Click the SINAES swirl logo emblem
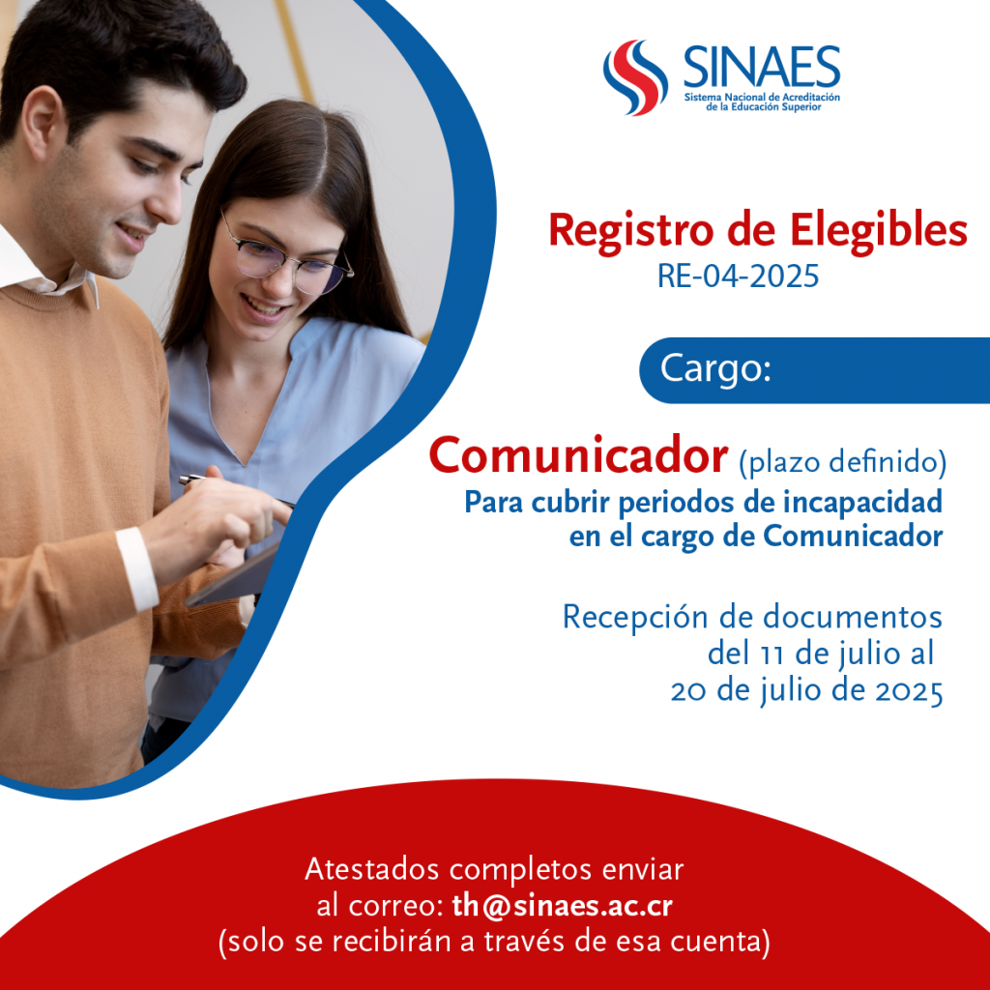635,77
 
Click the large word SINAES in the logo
762,67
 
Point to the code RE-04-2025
738,276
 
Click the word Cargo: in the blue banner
715,368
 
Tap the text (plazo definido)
843,462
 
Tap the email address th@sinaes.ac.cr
563,905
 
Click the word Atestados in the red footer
372,869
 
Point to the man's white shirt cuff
137,568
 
